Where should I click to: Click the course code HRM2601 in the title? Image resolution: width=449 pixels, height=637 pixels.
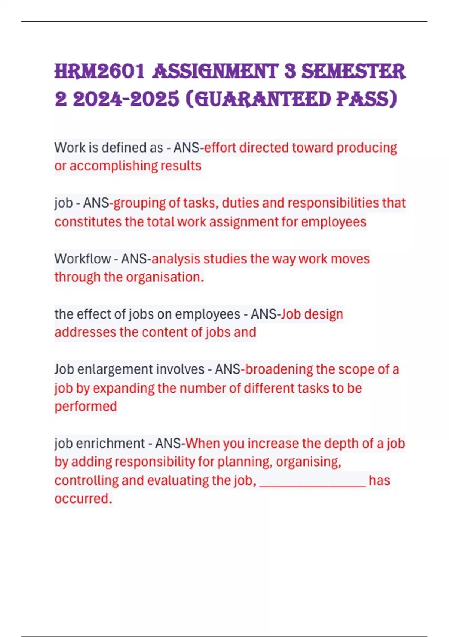[x=99, y=72]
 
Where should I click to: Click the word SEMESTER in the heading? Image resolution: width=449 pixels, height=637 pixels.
[x=353, y=72]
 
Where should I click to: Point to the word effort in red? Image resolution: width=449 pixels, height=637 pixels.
[x=220, y=148]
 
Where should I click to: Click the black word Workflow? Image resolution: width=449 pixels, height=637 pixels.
[x=82, y=259]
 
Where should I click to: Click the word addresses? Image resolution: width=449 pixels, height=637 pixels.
[x=85, y=332]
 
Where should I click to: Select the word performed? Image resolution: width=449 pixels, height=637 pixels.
[x=86, y=407]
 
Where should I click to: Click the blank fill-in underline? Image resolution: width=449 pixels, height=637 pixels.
[x=312, y=484]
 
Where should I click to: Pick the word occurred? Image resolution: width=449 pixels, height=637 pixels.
[x=83, y=499]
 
